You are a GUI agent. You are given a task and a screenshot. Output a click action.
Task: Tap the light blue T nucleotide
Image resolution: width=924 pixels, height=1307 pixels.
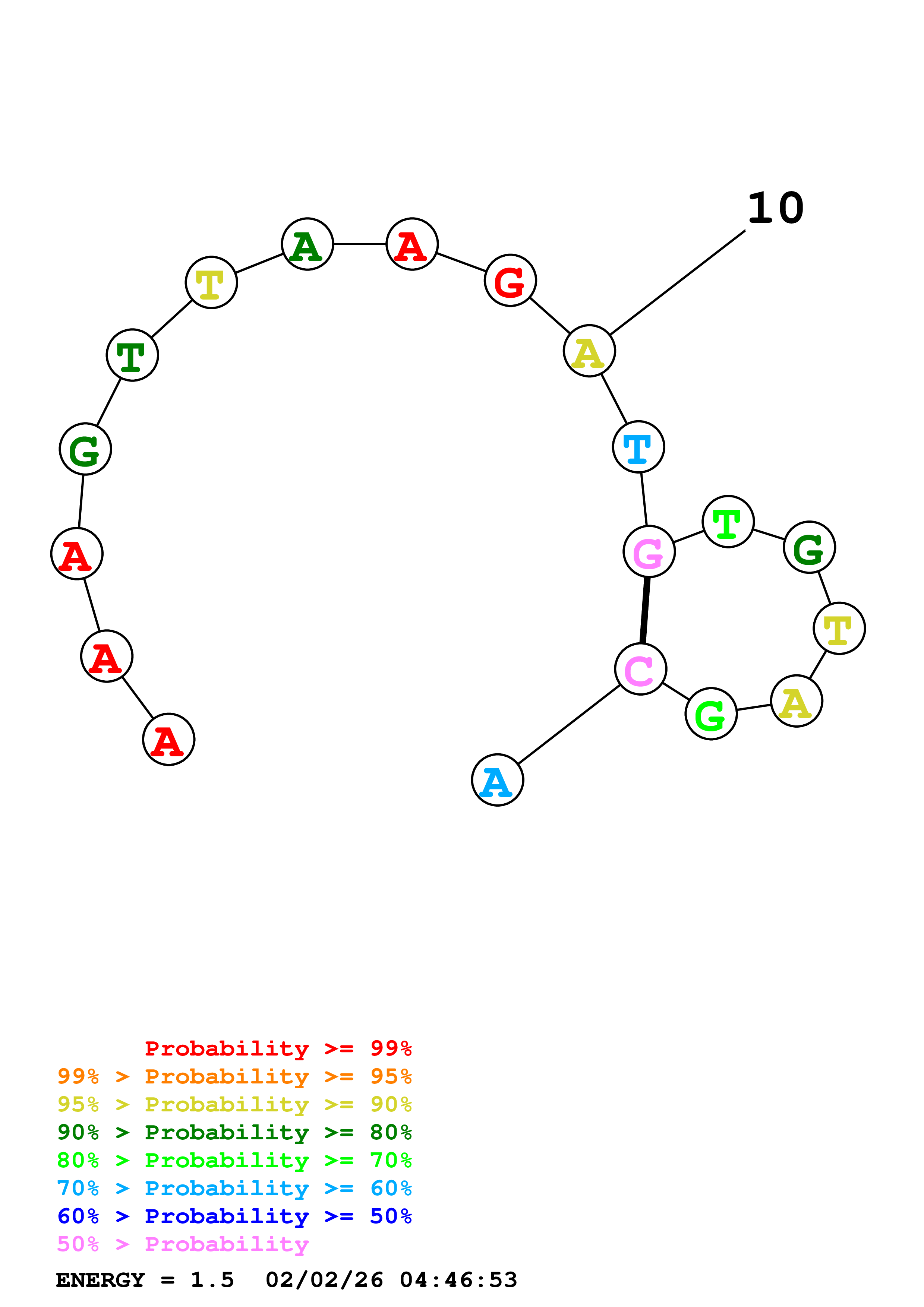click(x=638, y=447)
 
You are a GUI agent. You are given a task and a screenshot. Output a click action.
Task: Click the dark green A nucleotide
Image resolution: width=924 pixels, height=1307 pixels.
click(x=308, y=244)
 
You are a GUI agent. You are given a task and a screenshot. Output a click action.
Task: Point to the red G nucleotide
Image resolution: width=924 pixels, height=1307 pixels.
click(x=510, y=280)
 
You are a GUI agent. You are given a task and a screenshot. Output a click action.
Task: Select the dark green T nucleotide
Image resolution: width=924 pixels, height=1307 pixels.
click(x=132, y=355)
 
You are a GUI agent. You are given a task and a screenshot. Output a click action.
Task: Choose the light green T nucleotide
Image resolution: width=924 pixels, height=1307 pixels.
click(x=728, y=522)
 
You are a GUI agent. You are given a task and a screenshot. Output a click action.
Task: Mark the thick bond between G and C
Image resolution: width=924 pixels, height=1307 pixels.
click(x=645, y=610)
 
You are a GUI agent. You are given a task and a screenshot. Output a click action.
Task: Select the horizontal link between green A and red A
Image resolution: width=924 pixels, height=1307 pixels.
click(x=360, y=244)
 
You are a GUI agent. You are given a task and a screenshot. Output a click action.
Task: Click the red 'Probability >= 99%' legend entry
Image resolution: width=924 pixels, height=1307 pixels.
click(x=278, y=1048)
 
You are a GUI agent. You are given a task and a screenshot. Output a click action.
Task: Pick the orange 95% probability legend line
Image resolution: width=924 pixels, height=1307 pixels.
click(x=234, y=1076)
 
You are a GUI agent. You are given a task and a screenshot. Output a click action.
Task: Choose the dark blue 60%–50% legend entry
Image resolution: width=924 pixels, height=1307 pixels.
click(x=234, y=1216)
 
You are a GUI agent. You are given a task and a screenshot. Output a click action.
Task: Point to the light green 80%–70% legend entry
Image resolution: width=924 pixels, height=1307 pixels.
click(x=234, y=1160)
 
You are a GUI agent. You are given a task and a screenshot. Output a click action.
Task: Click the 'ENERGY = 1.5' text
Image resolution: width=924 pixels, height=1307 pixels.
click(x=145, y=1280)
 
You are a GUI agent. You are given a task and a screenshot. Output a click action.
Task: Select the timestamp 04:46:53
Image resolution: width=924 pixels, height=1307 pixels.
click(x=458, y=1280)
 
